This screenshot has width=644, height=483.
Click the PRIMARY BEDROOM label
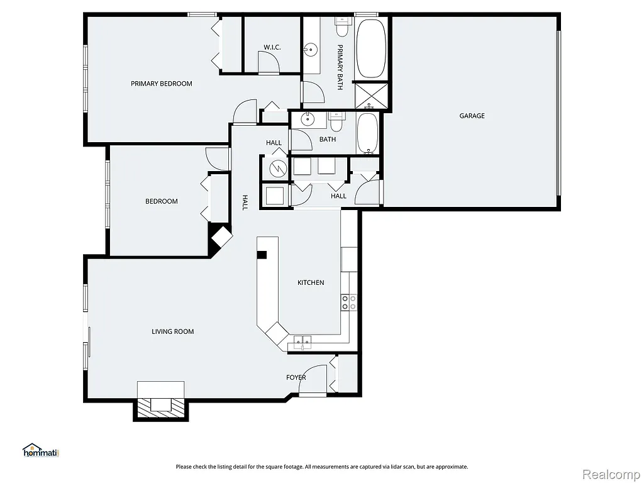pyautogui.click(x=161, y=84)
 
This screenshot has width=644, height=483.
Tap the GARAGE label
pyautogui.click(x=472, y=116)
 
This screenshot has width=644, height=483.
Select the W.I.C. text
pyautogui.click(x=272, y=48)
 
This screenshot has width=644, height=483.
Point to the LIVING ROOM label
pyautogui.click(x=172, y=331)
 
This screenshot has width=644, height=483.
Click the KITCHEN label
pyautogui.click(x=311, y=283)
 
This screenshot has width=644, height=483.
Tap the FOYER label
pyautogui.click(x=296, y=377)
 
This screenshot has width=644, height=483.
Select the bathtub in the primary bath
pyautogui.click(x=371, y=48)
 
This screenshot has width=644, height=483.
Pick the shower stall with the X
pyautogui.click(x=371, y=96)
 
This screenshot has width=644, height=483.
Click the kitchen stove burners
pyautogui.click(x=348, y=302)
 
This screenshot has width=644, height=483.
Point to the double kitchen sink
pyautogui.click(x=303, y=343)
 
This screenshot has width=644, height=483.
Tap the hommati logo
pyautogui.click(x=40, y=450)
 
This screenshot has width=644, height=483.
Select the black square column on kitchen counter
pyautogui.click(x=262, y=255)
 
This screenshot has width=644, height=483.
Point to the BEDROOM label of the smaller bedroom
pyautogui.click(x=162, y=201)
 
